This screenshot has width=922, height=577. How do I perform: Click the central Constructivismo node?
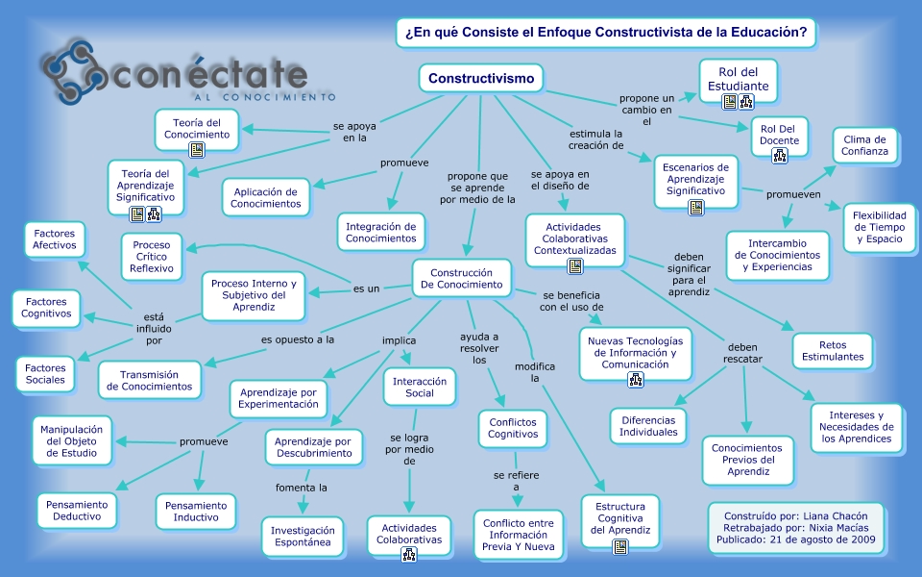click(481, 78)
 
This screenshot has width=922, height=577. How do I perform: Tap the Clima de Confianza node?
click(864, 145)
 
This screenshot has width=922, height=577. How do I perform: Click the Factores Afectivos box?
click(54, 239)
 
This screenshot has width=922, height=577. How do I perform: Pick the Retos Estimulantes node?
click(833, 350)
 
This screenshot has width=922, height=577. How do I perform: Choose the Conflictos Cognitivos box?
click(513, 427)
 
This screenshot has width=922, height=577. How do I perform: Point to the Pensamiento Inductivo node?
click(196, 512)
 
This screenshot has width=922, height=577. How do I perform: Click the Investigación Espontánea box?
click(303, 537)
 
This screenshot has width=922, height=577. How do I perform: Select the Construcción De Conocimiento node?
click(461, 279)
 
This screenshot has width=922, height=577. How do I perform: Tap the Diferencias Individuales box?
click(648, 426)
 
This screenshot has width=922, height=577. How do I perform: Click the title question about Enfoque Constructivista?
click(605, 33)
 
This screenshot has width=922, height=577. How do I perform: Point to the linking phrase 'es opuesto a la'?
click(298, 339)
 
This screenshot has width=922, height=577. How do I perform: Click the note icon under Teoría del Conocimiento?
click(197, 150)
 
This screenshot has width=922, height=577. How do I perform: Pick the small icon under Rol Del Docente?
click(779, 155)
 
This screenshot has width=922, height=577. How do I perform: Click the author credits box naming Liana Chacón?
click(795, 527)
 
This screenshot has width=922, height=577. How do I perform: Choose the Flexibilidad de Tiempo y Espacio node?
click(880, 227)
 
